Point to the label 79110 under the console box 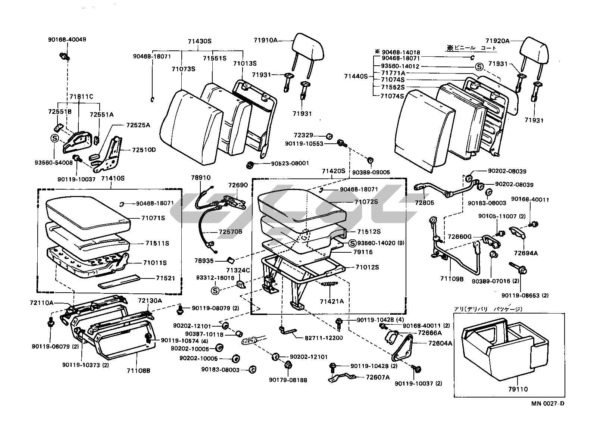(x=518, y=389)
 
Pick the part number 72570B (x=231, y=232)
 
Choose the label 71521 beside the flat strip (x=165, y=278)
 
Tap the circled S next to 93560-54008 (x=54, y=138)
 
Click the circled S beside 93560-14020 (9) (x=352, y=243)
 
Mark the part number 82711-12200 (x=324, y=338)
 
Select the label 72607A (x=378, y=377)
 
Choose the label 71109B (x=451, y=278)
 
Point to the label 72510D (x=144, y=150)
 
